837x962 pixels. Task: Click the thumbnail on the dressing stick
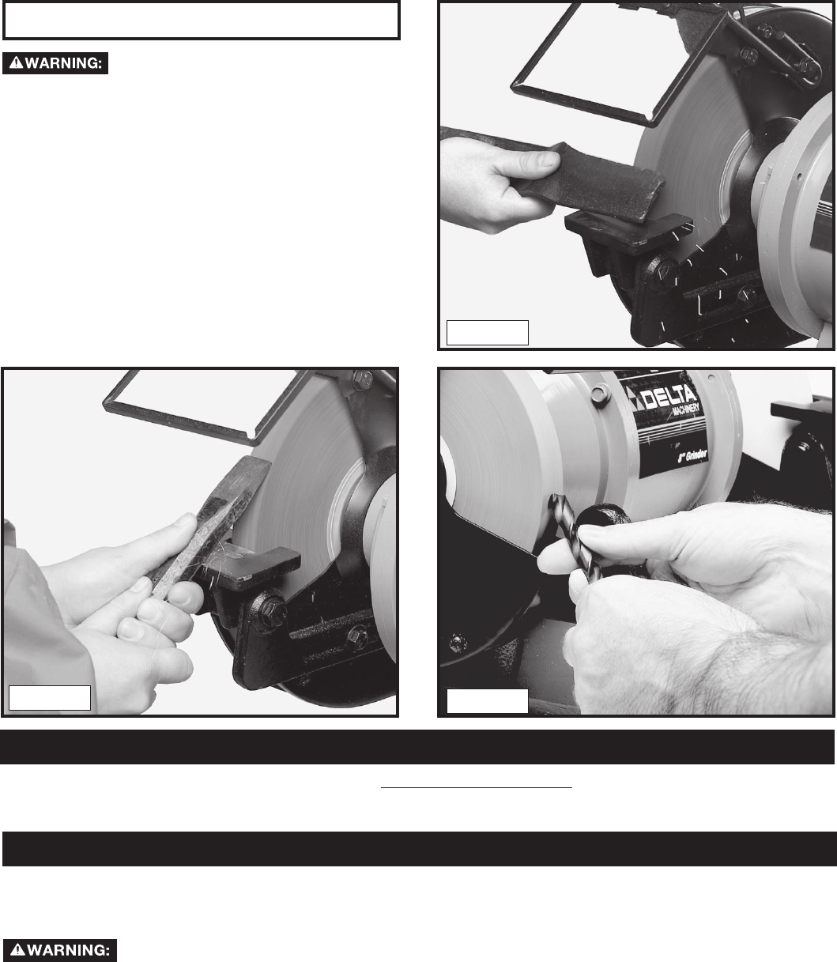(x=545, y=160)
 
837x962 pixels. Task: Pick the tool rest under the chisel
(x=254, y=567)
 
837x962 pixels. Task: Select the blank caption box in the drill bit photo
(x=488, y=701)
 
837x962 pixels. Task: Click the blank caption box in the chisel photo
(x=50, y=698)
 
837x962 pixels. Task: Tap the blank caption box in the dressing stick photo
(x=488, y=333)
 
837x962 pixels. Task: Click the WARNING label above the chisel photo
(x=55, y=63)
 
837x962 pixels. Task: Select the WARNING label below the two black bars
(x=60, y=950)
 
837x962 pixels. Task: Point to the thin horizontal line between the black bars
(x=476, y=787)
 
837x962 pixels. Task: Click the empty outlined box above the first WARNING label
(x=201, y=21)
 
